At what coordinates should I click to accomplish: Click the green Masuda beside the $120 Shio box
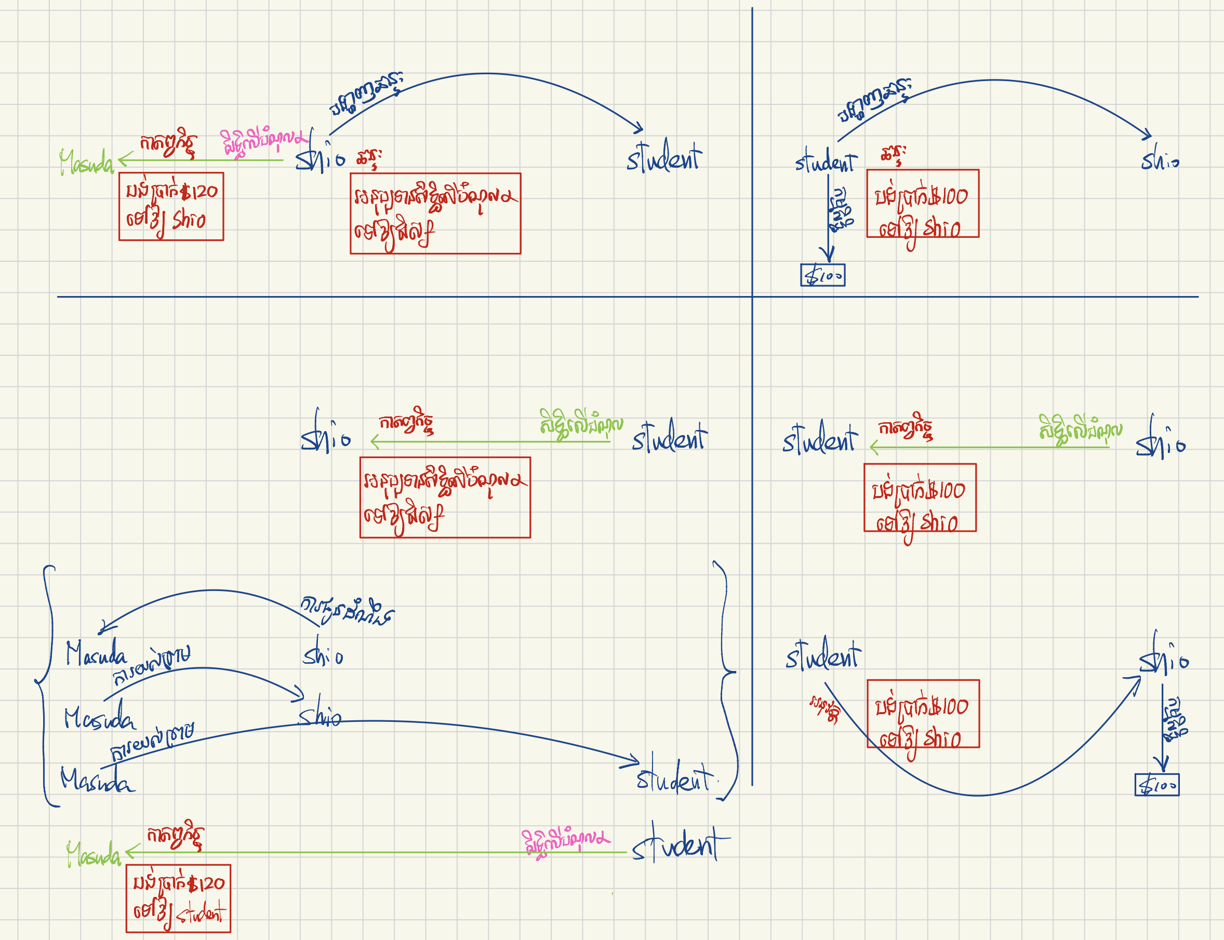pos(86,162)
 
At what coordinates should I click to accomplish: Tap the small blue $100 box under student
pos(822,275)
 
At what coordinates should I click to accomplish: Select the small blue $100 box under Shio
pos(1156,784)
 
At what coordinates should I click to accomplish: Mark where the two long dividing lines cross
pos(752,297)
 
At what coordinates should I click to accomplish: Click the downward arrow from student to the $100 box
pos(828,224)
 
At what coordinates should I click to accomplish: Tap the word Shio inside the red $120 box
pos(189,220)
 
